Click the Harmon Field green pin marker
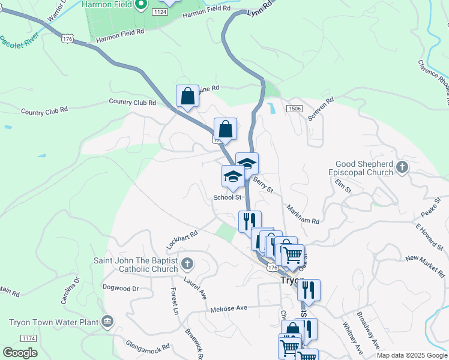pos(142,5)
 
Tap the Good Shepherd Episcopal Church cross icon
pos(401,169)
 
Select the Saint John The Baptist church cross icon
pos(187,263)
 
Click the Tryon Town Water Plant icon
pos(107,321)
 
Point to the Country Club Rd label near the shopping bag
pos(133,103)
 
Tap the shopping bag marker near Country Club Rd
pos(187,96)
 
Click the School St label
pos(228,197)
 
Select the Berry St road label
pos(263,185)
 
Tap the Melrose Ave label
pos(229,308)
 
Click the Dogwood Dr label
pos(121,289)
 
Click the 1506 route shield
pos(294,108)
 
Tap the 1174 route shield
pos(28,338)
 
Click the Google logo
pos(20,352)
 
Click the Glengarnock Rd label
pos(148,346)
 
